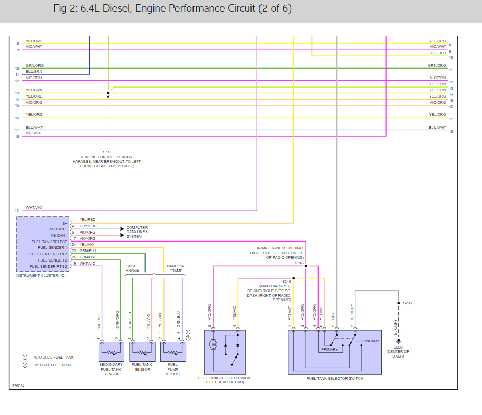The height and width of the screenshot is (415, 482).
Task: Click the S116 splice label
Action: (x=108, y=152)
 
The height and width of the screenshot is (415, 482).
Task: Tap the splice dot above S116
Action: (x=108, y=92)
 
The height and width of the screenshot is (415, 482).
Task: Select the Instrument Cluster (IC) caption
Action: (x=41, y=276)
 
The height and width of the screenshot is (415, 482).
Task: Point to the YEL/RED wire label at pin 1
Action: (x=88, y=219)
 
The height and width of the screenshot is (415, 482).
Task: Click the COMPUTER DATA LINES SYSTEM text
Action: (x=137, y=232)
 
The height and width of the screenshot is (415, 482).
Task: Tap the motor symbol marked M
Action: (x=214, y=344)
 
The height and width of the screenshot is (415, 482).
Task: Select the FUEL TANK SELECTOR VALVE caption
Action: (x=225, y=378)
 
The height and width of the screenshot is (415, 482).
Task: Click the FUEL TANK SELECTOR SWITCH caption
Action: (x=335, y=378)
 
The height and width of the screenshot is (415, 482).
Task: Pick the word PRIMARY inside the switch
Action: (x=330, y=350)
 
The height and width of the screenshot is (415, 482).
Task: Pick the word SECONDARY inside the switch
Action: (x=367, y=341)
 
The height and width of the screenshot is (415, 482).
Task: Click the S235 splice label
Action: (x=408, y=303)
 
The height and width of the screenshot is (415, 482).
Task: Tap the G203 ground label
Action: (x=398, y=348)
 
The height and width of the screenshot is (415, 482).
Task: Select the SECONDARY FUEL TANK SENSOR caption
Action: (x=111, y=369)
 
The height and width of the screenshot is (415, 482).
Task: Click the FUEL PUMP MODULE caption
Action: (x=173, y=369)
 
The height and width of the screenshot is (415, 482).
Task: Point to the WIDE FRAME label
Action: (x=132, y=268)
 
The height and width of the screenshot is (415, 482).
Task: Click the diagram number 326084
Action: (x=18, y=386)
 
